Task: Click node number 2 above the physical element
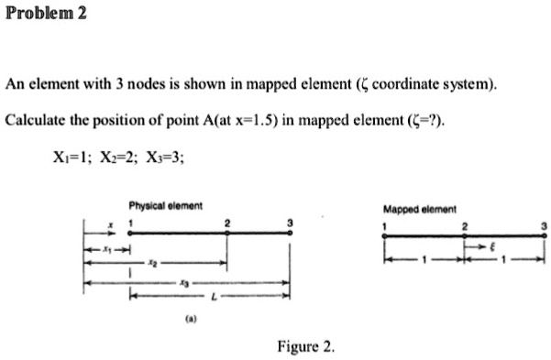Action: point(227,223)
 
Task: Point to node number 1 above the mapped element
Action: point(386,225)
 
